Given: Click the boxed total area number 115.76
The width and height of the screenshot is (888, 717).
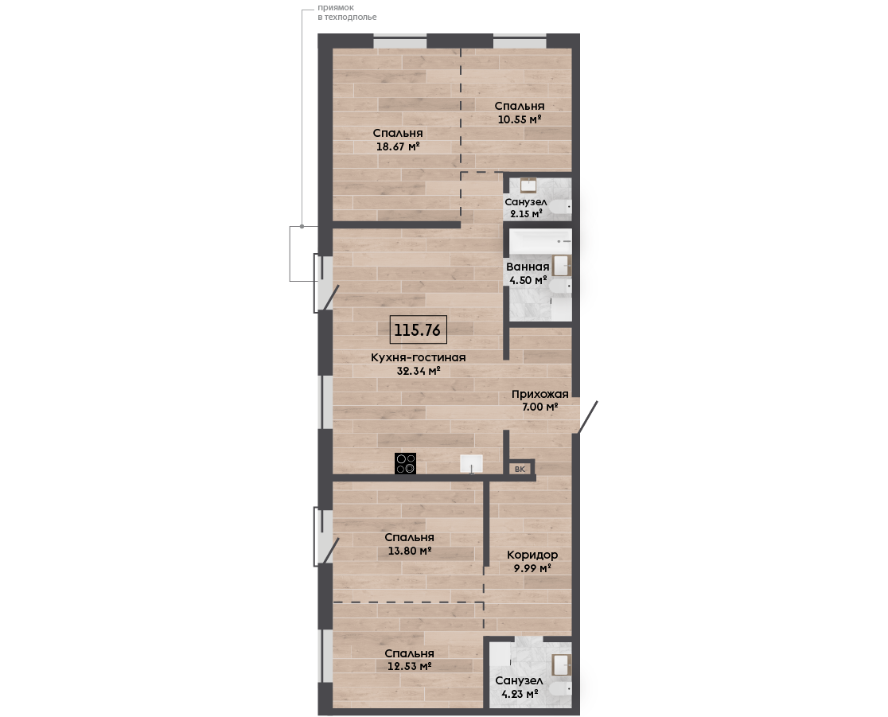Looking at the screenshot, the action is [418, 329].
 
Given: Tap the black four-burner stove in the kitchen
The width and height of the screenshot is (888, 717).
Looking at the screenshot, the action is [406, 463].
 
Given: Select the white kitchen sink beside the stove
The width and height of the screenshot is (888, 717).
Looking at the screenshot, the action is [471, 463].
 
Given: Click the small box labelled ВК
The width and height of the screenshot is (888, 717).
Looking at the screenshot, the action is [520, 469].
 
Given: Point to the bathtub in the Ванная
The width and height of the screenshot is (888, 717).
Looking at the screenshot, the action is [540, 241].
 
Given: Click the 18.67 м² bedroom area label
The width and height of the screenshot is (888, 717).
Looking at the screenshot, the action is [398, 146].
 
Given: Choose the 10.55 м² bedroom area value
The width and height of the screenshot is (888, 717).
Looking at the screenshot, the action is [520, 119].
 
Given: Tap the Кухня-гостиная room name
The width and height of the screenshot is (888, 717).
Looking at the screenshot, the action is [418, 357].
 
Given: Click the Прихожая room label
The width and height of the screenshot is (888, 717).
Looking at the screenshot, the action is [539, 394].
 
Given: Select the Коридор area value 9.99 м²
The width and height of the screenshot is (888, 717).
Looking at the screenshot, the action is [532, 567].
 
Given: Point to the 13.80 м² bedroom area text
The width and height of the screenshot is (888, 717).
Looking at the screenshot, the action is [410, 550].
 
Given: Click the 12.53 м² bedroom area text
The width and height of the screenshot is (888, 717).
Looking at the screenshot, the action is [410, 666].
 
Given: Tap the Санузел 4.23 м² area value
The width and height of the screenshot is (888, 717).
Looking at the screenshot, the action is [520, 693].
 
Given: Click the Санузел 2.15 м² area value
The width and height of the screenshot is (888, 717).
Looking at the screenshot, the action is [526, 213].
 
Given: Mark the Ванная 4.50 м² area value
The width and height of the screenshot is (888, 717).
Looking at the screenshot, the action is [528, 280].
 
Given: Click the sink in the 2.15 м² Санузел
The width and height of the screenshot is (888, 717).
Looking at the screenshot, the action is [528, 185].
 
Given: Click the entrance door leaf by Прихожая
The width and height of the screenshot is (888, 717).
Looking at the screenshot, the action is [587, 418].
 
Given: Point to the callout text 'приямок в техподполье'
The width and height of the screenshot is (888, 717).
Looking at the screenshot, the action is [347, 13].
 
